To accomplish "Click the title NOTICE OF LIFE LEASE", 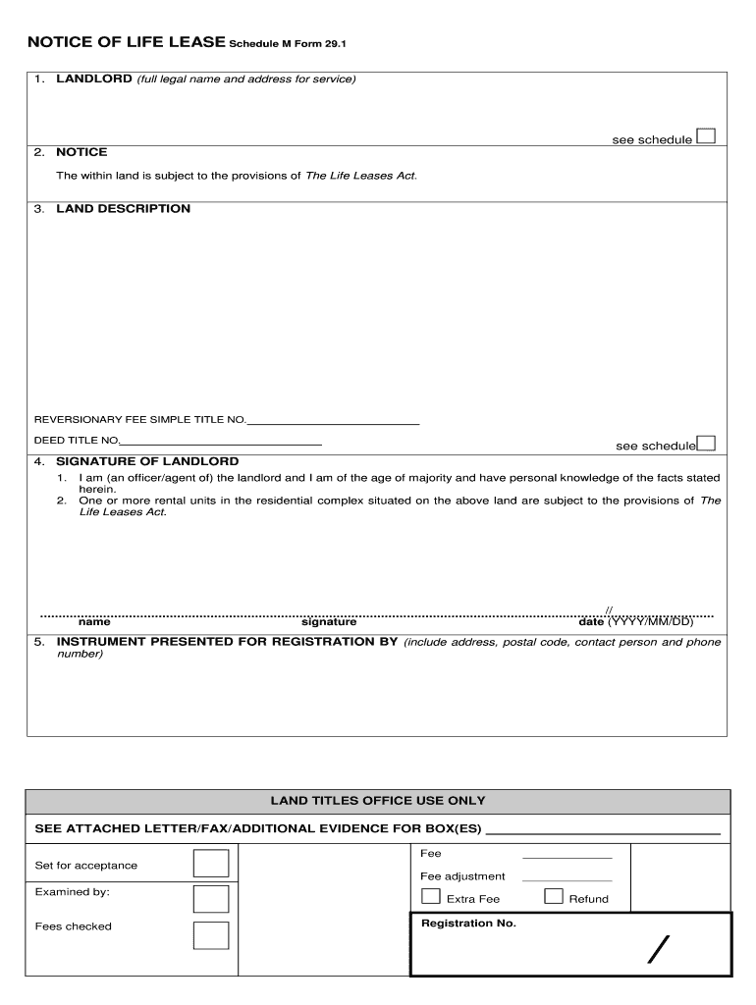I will [127, 42].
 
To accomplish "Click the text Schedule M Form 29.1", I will [288, 44].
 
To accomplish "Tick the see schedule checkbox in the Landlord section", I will [705, 136].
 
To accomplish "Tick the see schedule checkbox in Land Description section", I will [705, 444].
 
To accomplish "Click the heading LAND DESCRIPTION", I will [123, 209].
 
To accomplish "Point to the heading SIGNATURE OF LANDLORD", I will [147, 461].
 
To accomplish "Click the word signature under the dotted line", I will [329, 622].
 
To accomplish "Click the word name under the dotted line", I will [94, 622].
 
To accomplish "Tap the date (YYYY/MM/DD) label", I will [635, 622].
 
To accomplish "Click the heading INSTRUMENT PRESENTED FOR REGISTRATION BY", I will [227, 642].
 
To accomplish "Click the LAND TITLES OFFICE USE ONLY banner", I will [378, 801].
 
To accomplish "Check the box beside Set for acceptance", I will [211, 864].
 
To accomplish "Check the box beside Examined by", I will [211, 899].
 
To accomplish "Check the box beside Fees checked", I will [211, 935].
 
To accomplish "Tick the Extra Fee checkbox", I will [430, 896].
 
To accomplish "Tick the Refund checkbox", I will [554, 896].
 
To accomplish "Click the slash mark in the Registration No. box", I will [659, 950].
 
